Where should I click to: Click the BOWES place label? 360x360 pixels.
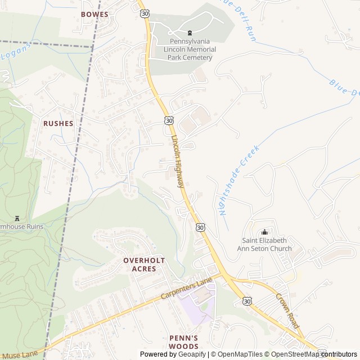94,13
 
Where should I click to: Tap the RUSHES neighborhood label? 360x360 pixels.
58,123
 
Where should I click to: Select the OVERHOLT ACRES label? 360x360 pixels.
144,264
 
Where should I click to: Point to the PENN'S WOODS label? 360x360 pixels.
184,341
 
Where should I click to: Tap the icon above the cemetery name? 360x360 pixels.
189,33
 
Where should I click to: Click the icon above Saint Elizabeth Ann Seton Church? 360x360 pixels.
265,232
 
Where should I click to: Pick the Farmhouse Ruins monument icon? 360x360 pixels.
17,218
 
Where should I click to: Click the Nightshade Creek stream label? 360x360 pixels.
238,181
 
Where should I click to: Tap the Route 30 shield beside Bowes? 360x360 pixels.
146,12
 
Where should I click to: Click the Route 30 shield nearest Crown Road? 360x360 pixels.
247,301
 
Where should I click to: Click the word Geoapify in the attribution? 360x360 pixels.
192,354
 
